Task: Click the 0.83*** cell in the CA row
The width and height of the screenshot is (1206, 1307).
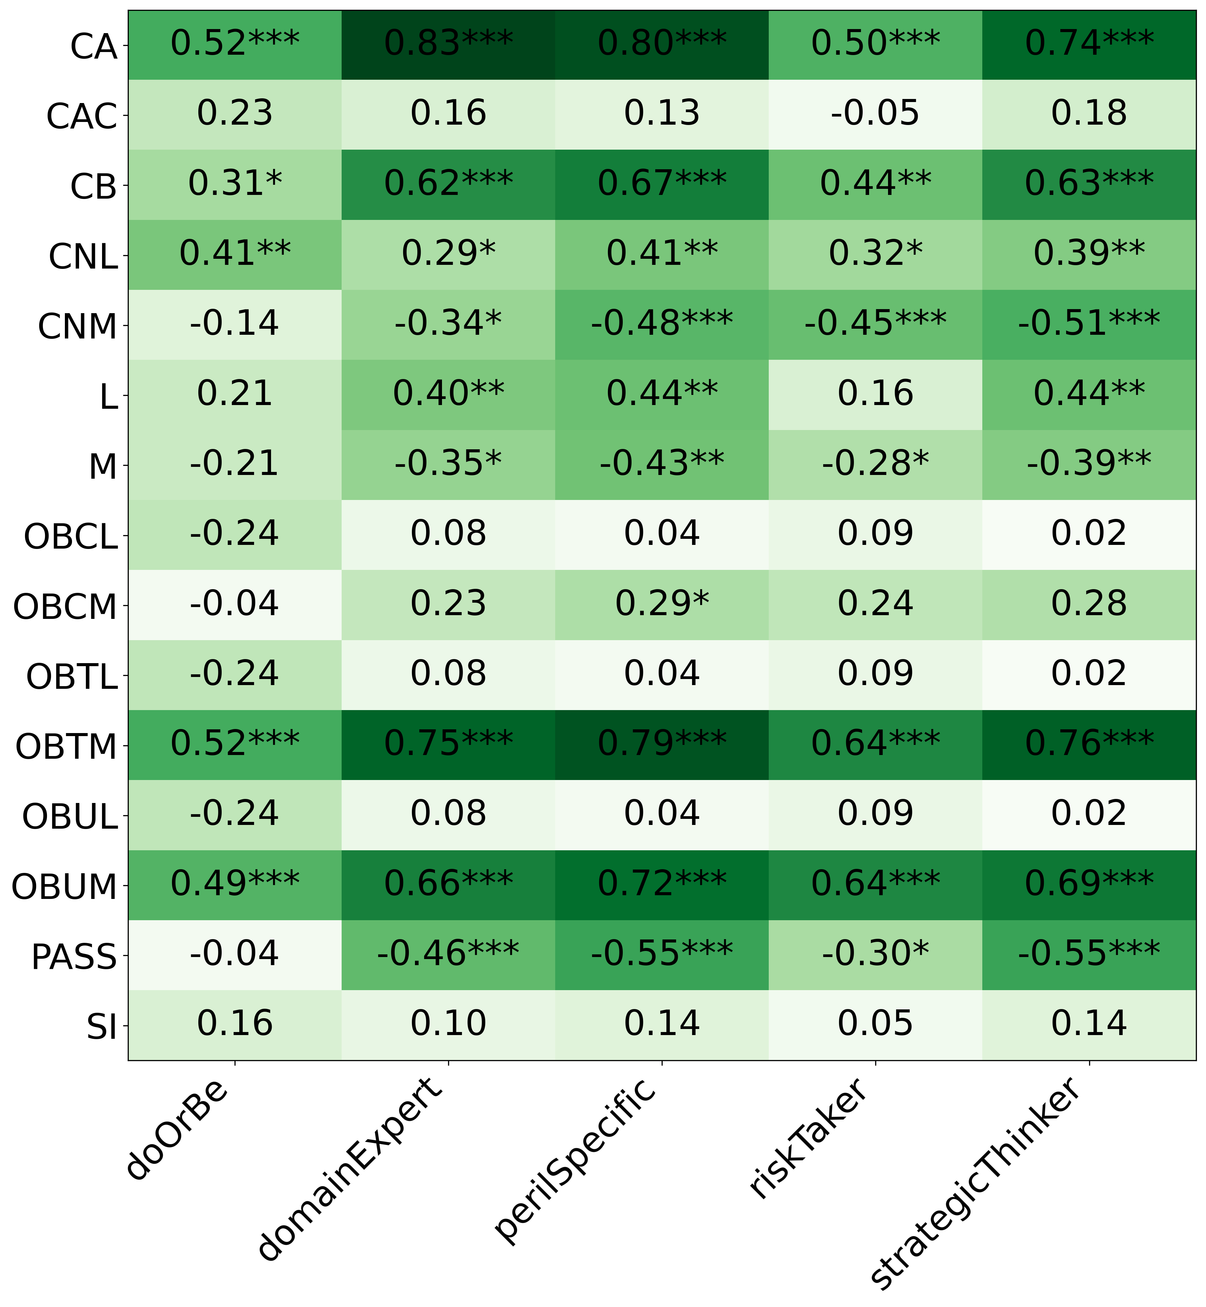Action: [448, 44]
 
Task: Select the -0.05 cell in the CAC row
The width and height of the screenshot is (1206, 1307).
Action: [875, 114]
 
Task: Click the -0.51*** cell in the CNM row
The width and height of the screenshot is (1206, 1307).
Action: [1088, 324]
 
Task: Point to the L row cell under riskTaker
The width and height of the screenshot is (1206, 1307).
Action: [875, 394]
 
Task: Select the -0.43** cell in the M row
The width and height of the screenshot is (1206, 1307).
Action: [662, 464]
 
